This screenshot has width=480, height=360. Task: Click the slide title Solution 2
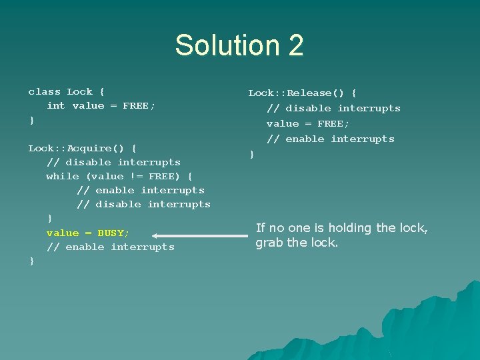pos(239,45)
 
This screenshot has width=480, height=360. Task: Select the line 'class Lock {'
pos(67,91)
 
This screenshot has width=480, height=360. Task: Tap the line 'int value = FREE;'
pos(101,105)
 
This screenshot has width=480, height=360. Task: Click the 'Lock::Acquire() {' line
pos(83,147)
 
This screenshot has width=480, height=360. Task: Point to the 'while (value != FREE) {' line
pos(119,176)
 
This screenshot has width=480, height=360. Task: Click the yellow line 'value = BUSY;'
pos(88,233)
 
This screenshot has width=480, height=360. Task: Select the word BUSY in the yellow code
pos(113,233)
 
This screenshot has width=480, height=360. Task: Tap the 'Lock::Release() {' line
pos(303,93)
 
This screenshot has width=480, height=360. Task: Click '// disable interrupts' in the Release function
pos(333,108)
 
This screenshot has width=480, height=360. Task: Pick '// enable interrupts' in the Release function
pos(331,139)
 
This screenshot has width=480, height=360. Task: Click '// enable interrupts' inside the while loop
pos(141,190)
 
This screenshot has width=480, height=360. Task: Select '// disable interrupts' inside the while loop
pos(143,204)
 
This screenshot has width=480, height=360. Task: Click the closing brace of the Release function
pos(252,155)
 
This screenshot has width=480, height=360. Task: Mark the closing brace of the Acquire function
pos(31,261)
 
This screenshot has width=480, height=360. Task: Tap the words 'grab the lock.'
pos(297,243)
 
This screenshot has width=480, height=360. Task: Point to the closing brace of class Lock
pos(31,120)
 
